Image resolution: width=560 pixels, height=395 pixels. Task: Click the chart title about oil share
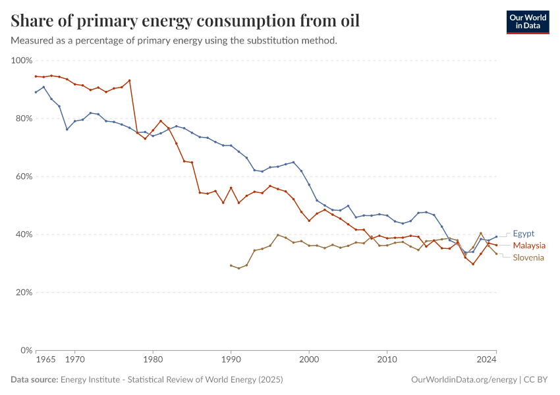pos(185,20)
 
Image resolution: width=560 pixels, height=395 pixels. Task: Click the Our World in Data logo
pos(527,22)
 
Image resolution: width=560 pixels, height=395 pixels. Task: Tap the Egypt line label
pos(524,233)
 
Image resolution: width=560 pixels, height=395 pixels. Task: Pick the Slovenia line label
pos(528,257)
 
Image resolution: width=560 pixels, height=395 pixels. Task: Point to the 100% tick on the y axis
pos(22,61)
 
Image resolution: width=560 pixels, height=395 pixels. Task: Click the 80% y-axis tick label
pos(24,118)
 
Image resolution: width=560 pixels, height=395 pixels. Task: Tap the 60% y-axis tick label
pos(24,176)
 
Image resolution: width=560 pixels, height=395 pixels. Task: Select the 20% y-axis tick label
pos(24,292)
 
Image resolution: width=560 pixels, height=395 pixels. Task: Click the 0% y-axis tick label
pos(26,350)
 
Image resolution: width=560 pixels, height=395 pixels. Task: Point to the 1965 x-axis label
pos(45,361)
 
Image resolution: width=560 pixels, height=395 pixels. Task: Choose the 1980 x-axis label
pos(153,361)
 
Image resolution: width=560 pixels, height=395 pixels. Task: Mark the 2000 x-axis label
pos(309,361)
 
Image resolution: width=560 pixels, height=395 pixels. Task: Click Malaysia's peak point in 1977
pos(129,80)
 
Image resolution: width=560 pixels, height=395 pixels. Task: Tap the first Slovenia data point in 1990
pos(231,265)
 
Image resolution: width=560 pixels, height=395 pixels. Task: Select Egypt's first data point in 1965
pos(36,92)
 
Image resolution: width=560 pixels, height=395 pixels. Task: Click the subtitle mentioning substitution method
pos(174,41)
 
